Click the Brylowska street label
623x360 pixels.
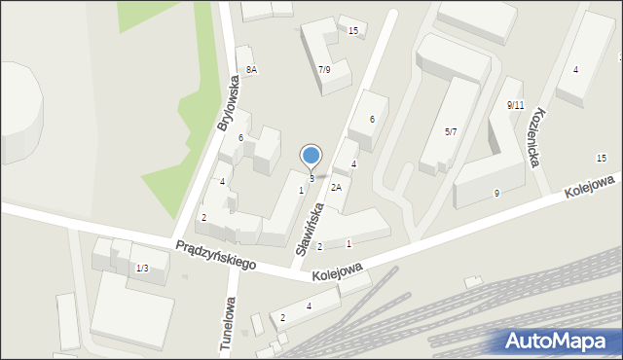click(x=228, y=103)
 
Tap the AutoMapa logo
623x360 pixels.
click(x=555, y=341)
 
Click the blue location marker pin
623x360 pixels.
click(x=311, y=157)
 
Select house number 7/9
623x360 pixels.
click(x=324, y=69)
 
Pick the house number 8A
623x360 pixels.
click(x=251, y=69)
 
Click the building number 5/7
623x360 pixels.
click(x=451, y=131)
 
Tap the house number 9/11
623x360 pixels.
click(x=515, y=104)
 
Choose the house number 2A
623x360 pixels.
click(x=336, y=187)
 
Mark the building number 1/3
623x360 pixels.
click(x=142, y=268)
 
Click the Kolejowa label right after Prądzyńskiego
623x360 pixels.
click(x=338, y=270)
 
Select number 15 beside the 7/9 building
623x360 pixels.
click(x=353, y=31)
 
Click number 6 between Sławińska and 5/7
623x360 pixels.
click(x=371, y=119)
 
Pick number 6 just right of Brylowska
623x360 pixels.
click(x=240, y=137)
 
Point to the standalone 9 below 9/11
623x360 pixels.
click(x=496, y=193)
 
